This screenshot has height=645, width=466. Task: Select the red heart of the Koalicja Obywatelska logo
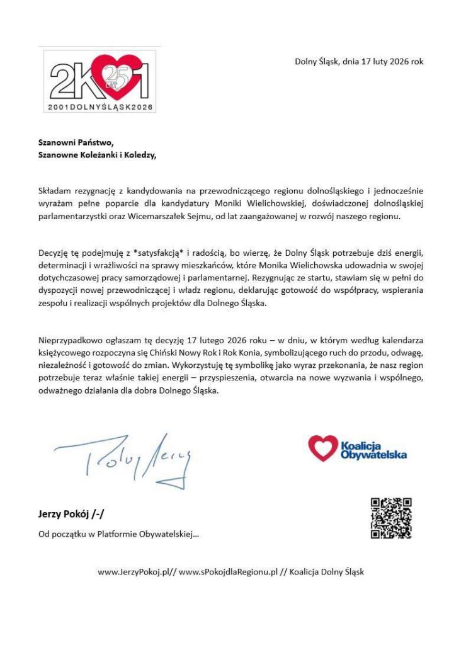click(x=322, y=448)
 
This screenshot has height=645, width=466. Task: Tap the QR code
click(x=391, y=518)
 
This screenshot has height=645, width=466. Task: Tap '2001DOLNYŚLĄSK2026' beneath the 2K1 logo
click(x=100, y=107)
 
